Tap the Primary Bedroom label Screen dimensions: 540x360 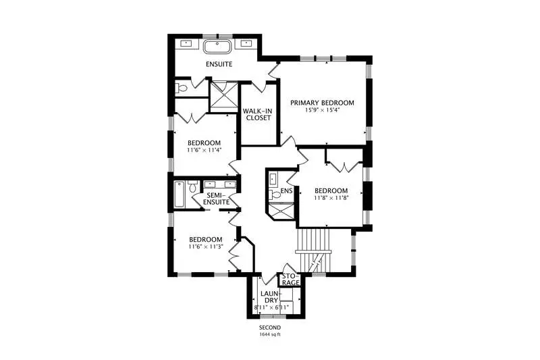[x=322, y=103]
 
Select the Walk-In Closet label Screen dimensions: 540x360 [x=257, y=114]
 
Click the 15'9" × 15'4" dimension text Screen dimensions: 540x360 [x=322, y=110]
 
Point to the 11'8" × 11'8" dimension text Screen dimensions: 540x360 [x=331, y=198]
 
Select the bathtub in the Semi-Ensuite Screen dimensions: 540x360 [x=180, y=194]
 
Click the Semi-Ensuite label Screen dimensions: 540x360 [x=216, y=199]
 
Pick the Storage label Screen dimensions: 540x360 [x=291, y=280]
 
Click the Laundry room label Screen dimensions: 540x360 [x=269, y=297]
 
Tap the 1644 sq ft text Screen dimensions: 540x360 [x=270, y=334]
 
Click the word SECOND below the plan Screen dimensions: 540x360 [x=270, y=328]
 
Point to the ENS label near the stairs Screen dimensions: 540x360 [x=286, y=191]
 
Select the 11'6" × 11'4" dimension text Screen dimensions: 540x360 [x=205, y=150]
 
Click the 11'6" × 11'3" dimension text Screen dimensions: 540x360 [x=206, y=247]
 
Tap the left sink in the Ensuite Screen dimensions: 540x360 [x=187, y=43]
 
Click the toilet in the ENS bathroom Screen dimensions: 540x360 [x=275, y=195]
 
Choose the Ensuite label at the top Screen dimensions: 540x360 [x=219, y=64]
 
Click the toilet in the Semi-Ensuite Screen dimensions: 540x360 [x=192, y=186]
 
